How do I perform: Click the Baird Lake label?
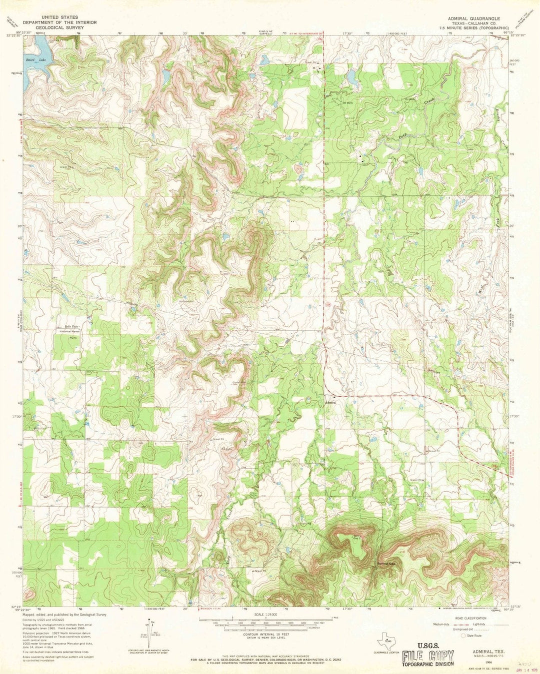pyautogui.click(x=35, y=60)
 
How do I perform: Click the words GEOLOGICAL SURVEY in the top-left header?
pyautogui.click(x=59, y=28)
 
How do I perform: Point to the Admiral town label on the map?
pyautogui.click(x=330, y=403)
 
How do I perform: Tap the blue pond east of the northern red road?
pyautogui.click(x=351, y=77)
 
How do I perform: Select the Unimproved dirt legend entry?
pyautogui.click(x=452, y=630)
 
